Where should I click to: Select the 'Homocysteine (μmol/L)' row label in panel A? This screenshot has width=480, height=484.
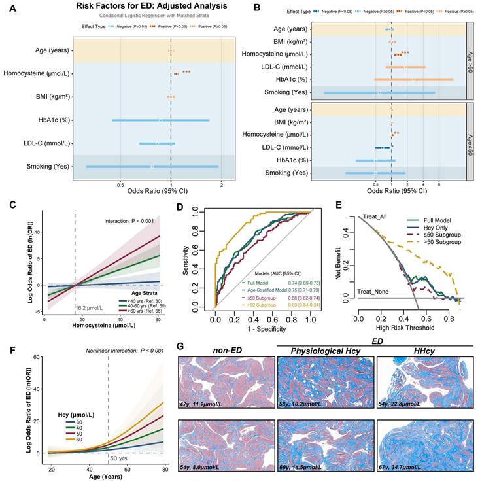tap(37, 73)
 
